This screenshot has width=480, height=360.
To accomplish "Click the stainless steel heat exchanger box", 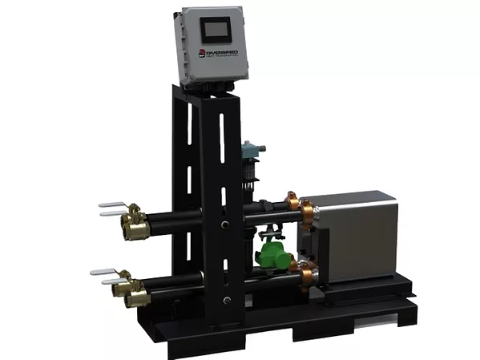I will [353, 237].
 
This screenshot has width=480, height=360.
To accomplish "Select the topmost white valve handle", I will [112, 205].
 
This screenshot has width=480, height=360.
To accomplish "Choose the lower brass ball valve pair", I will [132, 289].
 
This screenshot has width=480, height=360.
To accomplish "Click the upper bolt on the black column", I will [226, 224].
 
